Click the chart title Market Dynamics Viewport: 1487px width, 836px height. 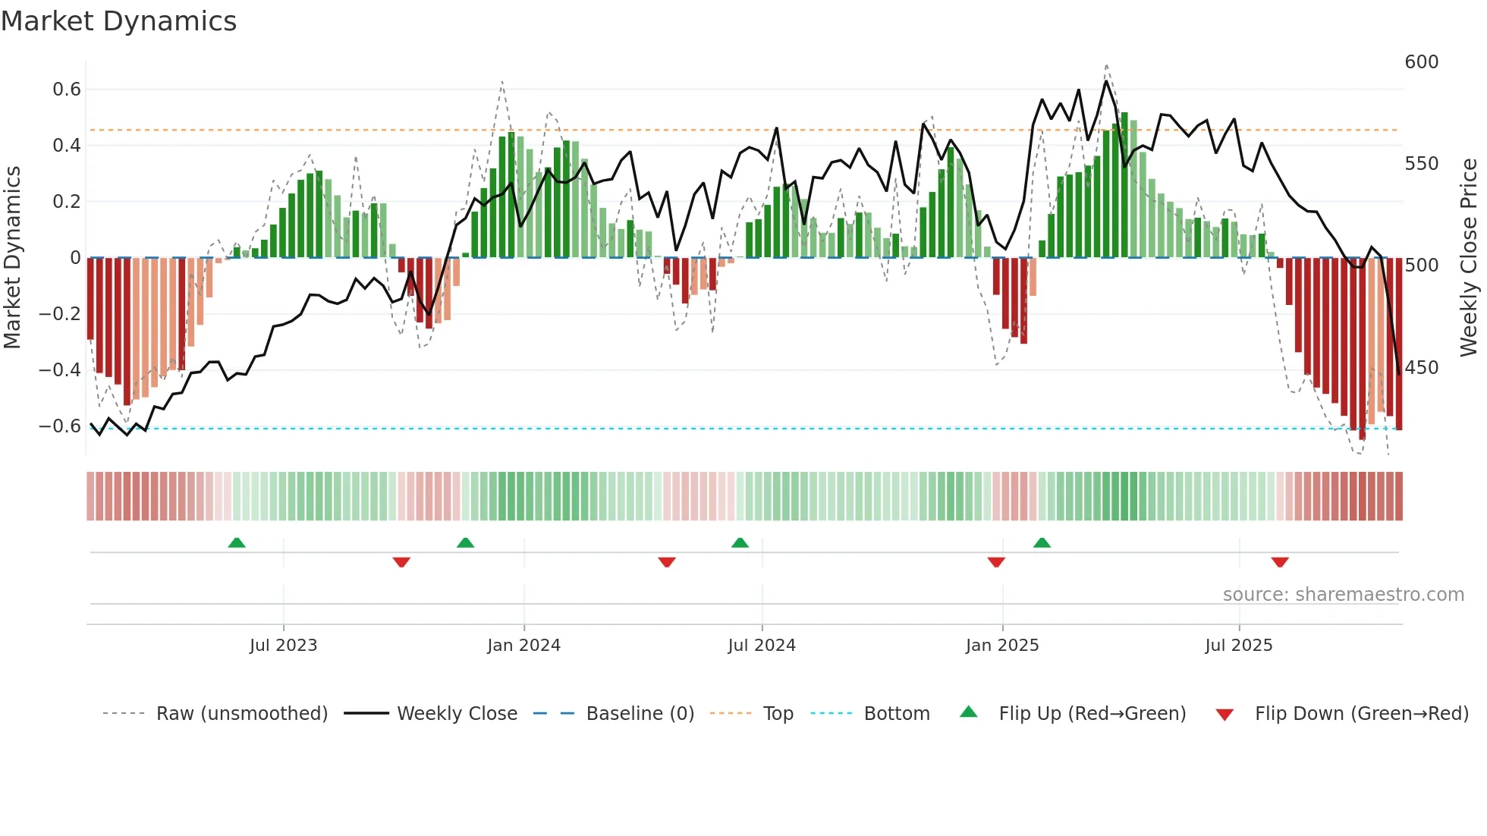coord(118,21)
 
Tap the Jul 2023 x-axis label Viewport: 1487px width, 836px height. coord(283,646)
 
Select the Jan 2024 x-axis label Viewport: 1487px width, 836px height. coord(523,646)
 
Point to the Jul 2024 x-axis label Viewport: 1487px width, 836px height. coord(762,646)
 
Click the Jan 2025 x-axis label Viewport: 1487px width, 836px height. coord(1002,646)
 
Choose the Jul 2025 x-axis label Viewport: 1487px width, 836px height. coord(1239,646)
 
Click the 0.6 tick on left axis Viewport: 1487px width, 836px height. coord(67,90)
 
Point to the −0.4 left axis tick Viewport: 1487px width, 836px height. coord(60,370)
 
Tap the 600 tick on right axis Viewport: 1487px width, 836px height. coord(1422,62)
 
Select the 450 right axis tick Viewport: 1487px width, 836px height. coord(1422,368)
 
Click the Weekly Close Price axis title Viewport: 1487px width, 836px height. coord(1470,258)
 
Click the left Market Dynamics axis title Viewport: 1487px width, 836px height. coord(13,258)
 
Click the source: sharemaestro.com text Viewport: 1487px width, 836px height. coord(1343,595)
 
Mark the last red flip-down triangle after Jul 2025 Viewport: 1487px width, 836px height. coord(1280,562)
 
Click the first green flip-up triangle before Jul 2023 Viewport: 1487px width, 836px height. coord(237,542)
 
